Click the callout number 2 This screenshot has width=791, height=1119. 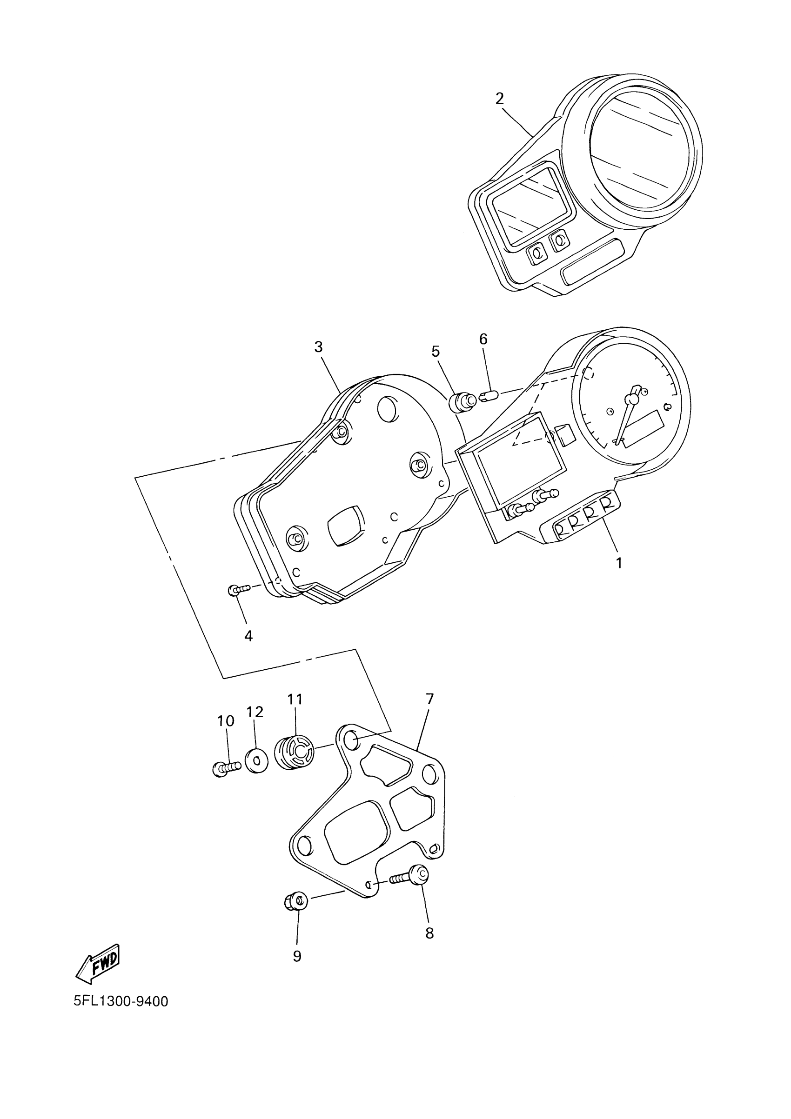499,99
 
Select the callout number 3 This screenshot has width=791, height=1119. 318,347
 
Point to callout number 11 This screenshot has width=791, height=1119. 295,700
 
